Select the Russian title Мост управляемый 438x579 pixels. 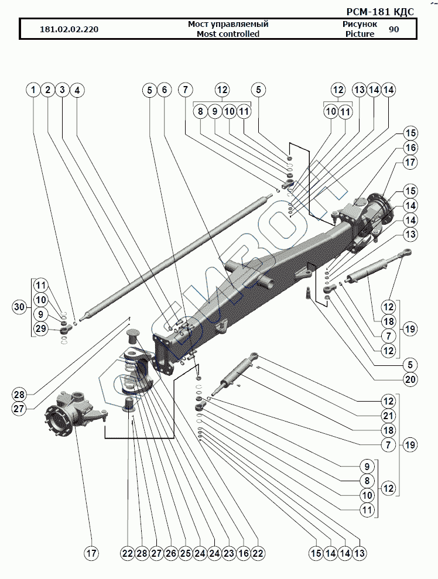pos(228,24)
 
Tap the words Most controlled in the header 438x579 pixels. pos(228,34)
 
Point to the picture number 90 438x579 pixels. pos(394,29)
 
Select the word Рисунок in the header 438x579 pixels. pos(360,24)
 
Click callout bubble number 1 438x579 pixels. pos(34,90)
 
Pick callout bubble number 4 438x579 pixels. pos(77,90)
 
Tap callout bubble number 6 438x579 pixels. pos(165,90)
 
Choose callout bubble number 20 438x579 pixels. pos(410,378)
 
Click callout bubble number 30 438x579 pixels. pos(19,307)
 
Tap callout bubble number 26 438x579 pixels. pos(170,553)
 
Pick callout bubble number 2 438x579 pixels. pos(48,90)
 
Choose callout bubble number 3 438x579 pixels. pos(63,90)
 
